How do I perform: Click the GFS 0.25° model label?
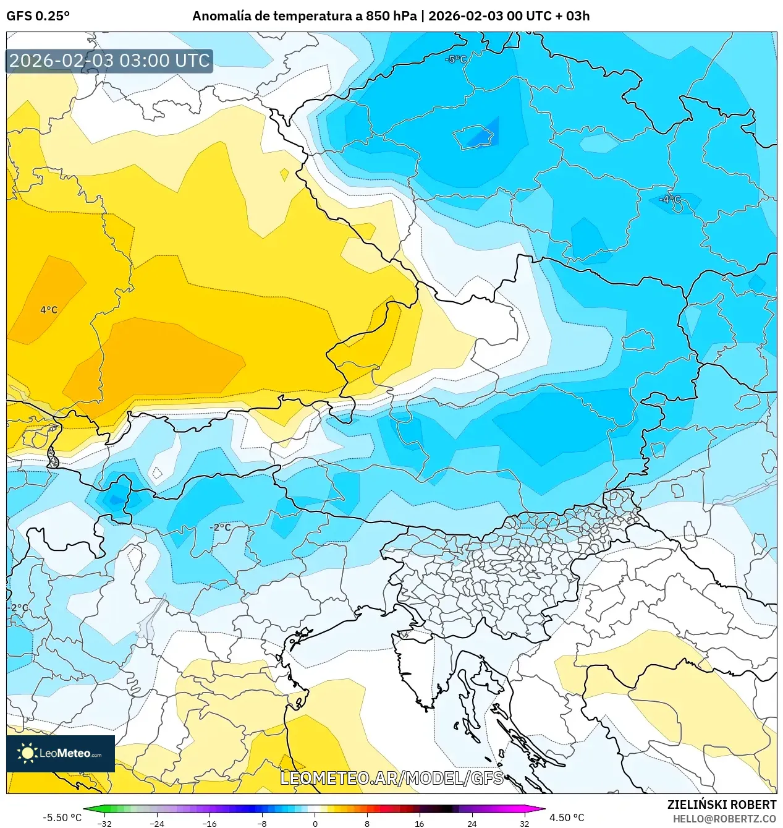tap(38, 16)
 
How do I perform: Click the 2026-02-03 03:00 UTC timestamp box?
tap(109, 61)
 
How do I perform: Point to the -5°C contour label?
tap(456, 59)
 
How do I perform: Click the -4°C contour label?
tap(669, 199)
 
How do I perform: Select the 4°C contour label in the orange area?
tap(49, 310)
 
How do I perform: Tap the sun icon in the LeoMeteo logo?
tap(27, 753)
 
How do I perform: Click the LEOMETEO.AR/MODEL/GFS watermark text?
tap(392, 778)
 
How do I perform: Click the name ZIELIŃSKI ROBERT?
tap(721, 805)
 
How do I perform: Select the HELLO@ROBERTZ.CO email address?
tap(724, 818)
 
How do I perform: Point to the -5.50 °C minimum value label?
tap(62, 817)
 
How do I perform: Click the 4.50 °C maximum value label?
tap(567, 817)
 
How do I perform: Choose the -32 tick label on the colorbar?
tap(104, 823)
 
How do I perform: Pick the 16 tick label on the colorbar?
tap(419, 823)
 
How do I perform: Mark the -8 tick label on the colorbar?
tap(262, 823)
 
